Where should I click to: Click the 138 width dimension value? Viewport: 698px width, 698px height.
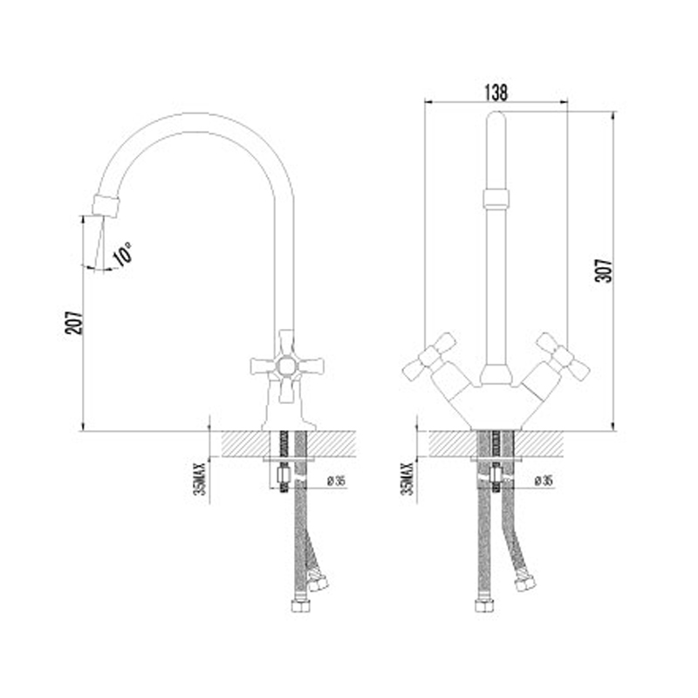point(496,92)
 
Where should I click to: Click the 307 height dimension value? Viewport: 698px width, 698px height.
point(603,270)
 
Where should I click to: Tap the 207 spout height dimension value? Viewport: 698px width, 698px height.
point(74,322)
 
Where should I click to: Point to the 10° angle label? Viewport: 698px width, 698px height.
point(122,254)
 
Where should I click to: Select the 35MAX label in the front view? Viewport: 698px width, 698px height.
point(407,479)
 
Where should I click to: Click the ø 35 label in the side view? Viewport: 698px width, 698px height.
point(337,482)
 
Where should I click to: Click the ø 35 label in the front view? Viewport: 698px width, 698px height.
point(544,482)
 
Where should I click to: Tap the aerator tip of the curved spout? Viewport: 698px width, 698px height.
point(106,206)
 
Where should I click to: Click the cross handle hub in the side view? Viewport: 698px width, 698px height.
point(287,366)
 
